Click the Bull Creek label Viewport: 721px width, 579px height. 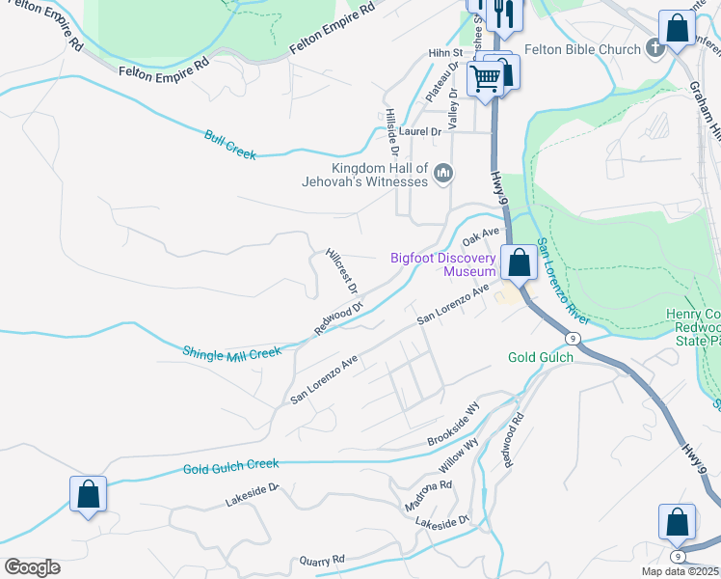230,144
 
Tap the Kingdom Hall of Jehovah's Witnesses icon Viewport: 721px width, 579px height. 443,173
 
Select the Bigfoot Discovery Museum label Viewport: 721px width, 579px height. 443,264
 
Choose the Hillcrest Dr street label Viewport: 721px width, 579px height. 342,270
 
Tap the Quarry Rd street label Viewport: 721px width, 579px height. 322,560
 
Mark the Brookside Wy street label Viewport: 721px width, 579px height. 453,426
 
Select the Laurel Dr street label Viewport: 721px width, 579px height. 420,131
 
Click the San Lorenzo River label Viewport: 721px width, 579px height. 563,280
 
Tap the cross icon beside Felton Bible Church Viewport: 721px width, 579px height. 654,49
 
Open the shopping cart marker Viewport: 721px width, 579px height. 485,79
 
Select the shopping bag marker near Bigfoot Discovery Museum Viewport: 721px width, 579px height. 520,262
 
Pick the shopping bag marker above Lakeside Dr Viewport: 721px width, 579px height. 88,494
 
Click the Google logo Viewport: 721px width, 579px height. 32,567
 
